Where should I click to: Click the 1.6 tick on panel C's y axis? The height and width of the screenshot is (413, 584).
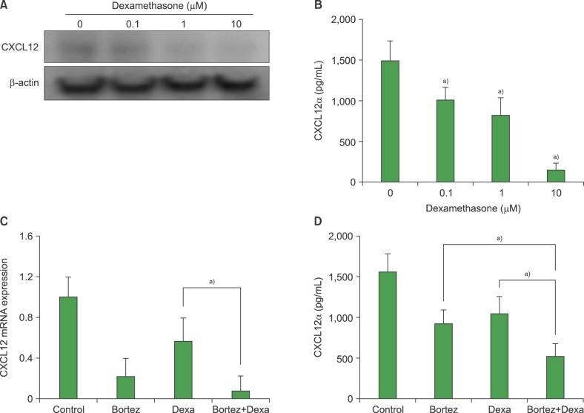click(x=27, y=237)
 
